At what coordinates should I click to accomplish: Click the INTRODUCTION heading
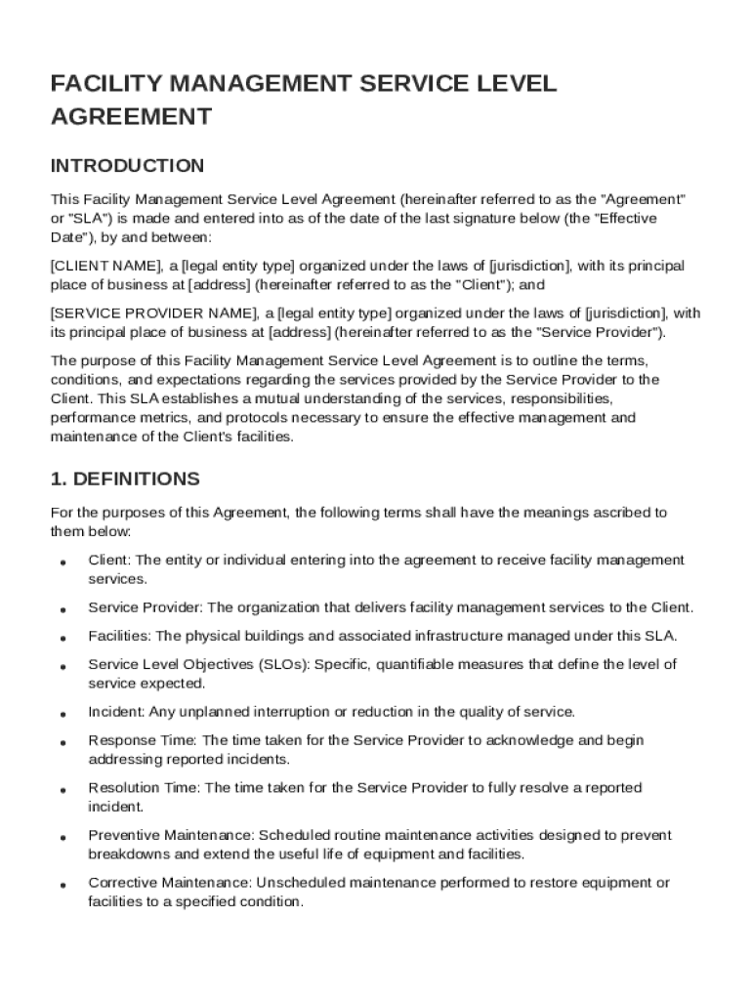point(127,165)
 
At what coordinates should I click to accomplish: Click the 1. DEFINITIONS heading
point(125,479)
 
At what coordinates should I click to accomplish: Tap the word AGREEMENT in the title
point(131,117)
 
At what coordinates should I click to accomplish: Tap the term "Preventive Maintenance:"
point(171,836)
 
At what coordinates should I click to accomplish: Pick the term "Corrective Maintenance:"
point(170,883)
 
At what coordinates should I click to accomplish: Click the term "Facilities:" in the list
point(120,636)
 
